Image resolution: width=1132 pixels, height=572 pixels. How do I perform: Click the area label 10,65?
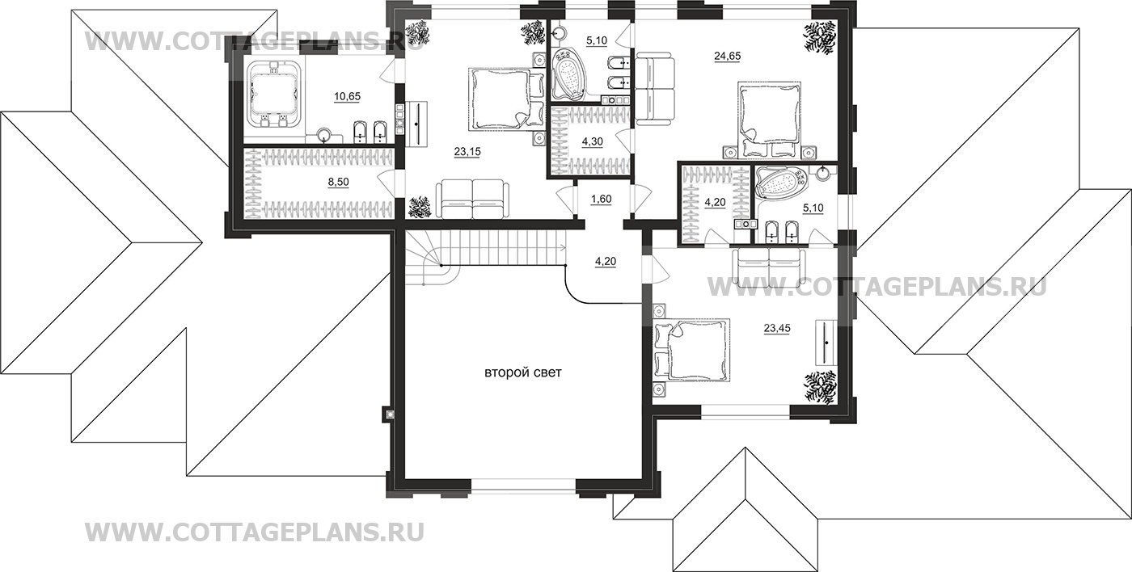click(x=348, y=96)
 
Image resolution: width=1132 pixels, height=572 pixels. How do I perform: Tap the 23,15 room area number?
click(x=467, y=151)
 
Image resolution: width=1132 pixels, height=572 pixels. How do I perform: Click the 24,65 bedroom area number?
click(x=727, y=56)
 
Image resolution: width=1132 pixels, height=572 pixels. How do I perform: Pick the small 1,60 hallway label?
click(x=601, y=200)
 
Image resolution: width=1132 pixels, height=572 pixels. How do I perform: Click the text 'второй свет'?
click(x=522, y=372)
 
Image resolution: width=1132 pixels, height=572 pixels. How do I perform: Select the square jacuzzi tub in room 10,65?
click(x=272, y=95)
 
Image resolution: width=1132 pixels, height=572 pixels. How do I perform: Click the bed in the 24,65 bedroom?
click(x=768, y=116)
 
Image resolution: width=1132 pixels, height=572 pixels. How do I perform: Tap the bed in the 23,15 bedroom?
click(x=501, y=99)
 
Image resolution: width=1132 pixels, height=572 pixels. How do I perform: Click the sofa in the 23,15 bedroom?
click(x=472, y=199)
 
